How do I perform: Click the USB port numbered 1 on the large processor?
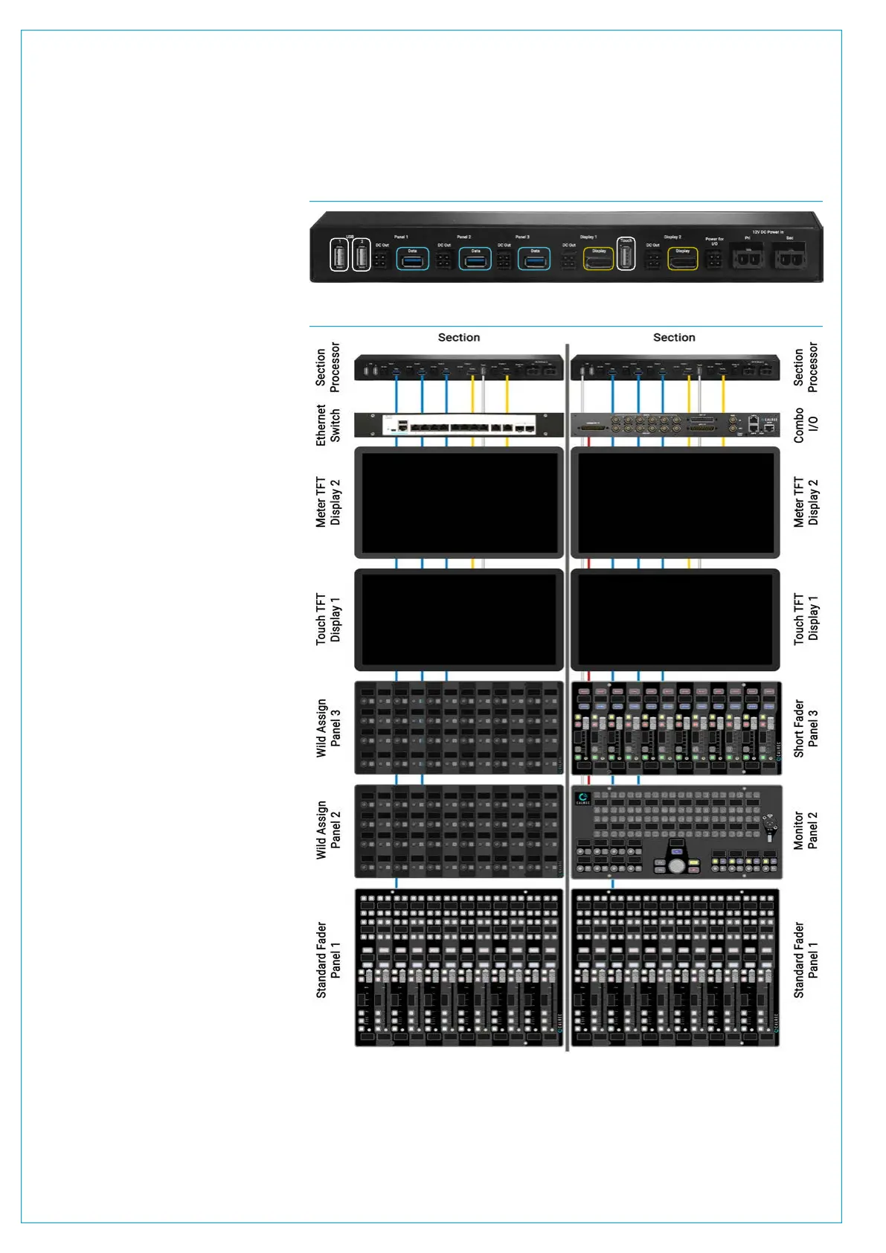pyautogui.click(x=339, y=257)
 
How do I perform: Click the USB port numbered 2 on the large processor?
pyautogui.click(x=362, y=257)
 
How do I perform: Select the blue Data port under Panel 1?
pyautogui.click(x=412, y=259)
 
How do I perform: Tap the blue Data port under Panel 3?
pyautogui.click(x=534, y=259)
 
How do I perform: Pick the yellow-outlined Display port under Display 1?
pyautogui.click(x=599, y=259)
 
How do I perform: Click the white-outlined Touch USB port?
pyautogui.click(x=626, y=255)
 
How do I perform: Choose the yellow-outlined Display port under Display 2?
pyautogui.click(x=682, y=259)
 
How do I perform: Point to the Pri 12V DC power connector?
pyautogui.click(x=747, y=258)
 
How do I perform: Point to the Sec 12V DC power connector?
pyautogui.click(x=789, y=258)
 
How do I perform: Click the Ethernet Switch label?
pyautogui.click(x=328, y=425)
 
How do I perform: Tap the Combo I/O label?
pyautogui.click(x=806, y=425)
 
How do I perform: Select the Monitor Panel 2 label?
pyautogui.click(x=806, y=830)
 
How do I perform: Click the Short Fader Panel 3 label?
pyautogui.click(x=806, y=728)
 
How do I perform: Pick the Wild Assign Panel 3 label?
pyautogui.click(x=328, y=728)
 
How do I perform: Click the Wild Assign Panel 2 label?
pyautogui.click(x=328, y=830)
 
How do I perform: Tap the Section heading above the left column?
pyautogui.click(x=459, y=337)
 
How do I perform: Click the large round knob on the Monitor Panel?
pyautogui.click(x=676, y=866)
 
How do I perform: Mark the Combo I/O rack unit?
pyautogui.click(x=675, y=425)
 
